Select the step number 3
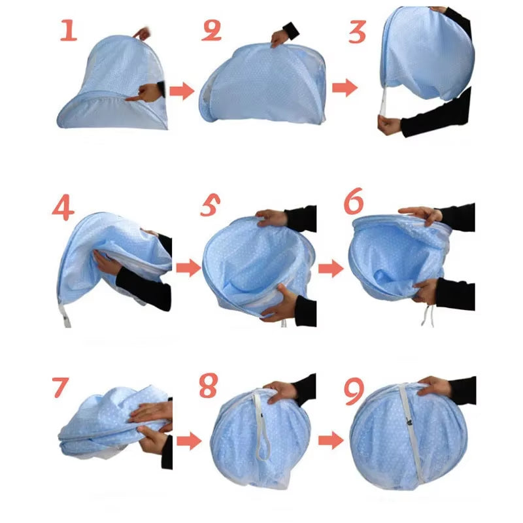[x=357, y=31]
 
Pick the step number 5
[x=211, y=207]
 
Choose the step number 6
[x=354, y=203]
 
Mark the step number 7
[x=60, y=387]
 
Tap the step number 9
[x=354, y=390]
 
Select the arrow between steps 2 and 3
[x=345, y=88]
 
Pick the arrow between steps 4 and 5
[x=188, y=267]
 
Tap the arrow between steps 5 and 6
[x=331, y=267]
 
